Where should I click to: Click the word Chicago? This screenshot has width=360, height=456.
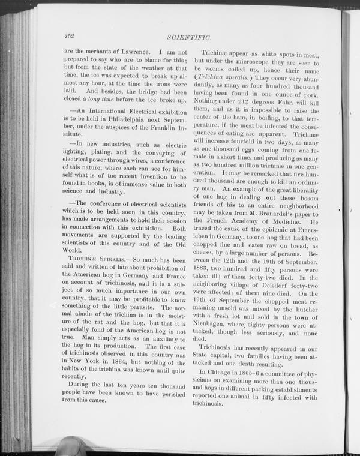click(224, 373)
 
